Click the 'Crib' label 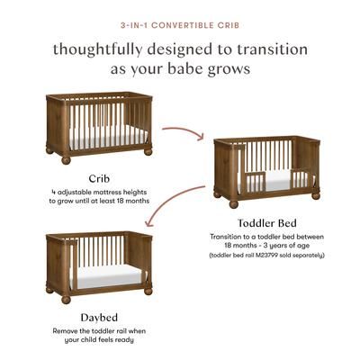99,177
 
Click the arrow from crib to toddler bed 187,137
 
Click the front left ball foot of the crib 66,160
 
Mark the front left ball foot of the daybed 66,299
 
